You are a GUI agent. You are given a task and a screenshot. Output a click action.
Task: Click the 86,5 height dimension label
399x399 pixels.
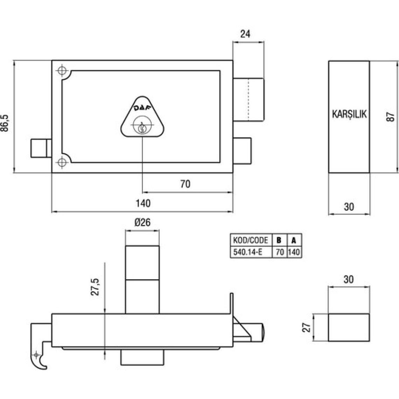(x=5, y=123)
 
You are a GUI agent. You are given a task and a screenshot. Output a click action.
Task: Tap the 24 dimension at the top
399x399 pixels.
(x=245, y=34)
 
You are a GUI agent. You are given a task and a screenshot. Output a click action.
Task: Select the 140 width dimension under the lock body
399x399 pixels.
(x=143, y=203)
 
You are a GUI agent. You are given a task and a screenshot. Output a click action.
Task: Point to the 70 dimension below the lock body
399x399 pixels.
(x=185, y=184)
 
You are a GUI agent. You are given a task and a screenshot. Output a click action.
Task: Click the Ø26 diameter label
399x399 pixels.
(x=142, y=222)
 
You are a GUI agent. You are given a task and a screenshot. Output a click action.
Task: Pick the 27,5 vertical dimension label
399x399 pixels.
(x=95, y=287)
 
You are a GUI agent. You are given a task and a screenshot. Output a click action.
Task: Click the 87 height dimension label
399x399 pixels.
(x=390, y=117)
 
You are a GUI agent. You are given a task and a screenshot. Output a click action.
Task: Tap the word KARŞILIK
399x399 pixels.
(x=349, y=114)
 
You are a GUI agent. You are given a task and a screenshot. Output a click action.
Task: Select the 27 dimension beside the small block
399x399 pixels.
(x=307, y=327)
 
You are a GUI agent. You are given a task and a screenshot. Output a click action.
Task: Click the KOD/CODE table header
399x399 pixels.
(x=251, y=240)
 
